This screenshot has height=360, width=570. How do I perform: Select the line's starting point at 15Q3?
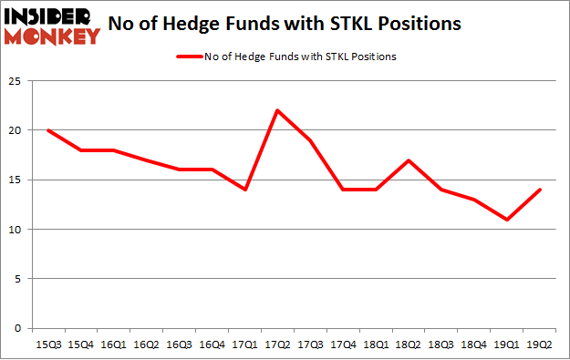(x=47, y=130)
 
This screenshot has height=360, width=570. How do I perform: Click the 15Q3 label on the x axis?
(x=47, y=345)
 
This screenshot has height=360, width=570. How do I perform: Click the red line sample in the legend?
(x=192, y=57)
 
